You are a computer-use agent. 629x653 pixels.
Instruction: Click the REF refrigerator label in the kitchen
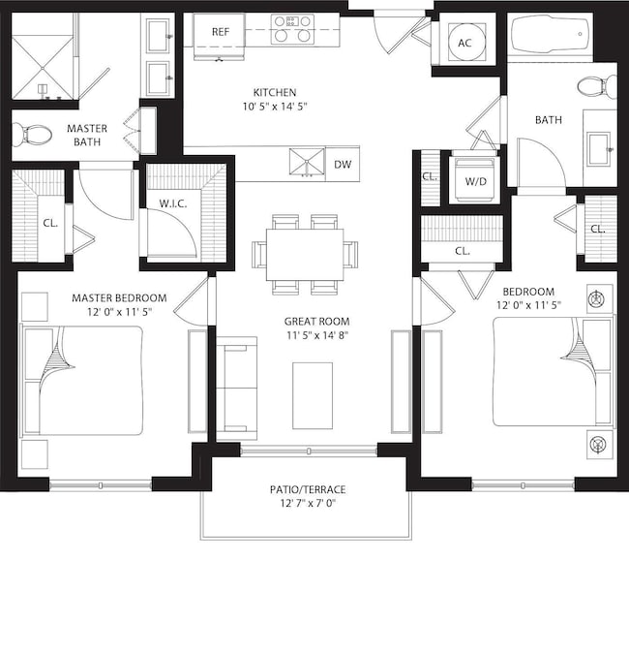220,31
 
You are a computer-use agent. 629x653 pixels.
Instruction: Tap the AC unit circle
464,43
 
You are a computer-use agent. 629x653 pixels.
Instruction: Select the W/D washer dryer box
476,180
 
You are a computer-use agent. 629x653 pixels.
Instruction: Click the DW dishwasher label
343,165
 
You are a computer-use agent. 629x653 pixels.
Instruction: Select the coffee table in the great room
313,394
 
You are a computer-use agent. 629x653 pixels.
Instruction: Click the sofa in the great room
235,389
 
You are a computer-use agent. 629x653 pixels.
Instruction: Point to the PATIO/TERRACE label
308,489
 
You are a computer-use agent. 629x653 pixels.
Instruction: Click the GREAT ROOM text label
316,322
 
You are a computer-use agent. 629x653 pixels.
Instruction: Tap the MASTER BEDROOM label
119,297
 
